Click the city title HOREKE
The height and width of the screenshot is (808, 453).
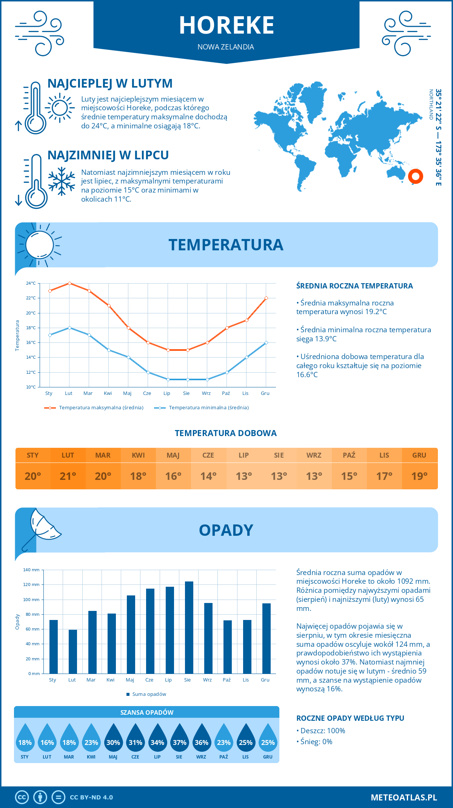click(x=226, y=25)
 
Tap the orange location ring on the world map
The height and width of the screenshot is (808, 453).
click(x=416, y=176)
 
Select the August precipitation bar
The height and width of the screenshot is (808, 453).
click(x=189, y=627)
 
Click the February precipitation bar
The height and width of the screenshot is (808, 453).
click(x=73, y=651)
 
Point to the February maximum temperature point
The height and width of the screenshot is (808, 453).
click(x=69, y=283)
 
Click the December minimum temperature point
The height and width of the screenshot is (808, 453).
click(x=266, y=342)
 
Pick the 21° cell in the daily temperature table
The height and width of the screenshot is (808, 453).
click(x=68, y=476)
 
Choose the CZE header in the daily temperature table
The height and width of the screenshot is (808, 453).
click(x=208, y=455)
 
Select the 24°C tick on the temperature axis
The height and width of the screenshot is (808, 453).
click(x=31, y=283)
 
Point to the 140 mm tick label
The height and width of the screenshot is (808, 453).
click(x=31, y=570)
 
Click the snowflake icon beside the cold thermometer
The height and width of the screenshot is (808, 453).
click(x=62, y=181)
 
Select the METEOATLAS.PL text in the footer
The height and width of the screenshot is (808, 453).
click(x=404, y=797)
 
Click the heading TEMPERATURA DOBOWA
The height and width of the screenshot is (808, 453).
click(x=226, y=433)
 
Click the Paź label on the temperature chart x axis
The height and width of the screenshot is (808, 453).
click(x=226, y=393)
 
